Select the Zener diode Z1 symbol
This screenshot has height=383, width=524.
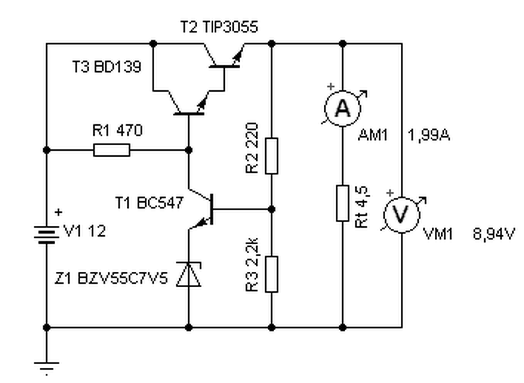tap(189, 274)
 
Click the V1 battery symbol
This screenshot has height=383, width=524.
tap(47, 235)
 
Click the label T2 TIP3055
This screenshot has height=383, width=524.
tap(219, 27)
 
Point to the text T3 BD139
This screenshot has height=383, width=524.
tap(107, 66)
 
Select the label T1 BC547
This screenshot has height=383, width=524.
tap(149, 203)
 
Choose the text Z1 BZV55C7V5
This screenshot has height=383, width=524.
tap(111, 278)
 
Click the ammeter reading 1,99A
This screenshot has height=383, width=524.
tap(429, 135)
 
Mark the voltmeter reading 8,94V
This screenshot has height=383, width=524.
tap(494, 234)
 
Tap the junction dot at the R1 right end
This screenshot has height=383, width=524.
tap(189, 150)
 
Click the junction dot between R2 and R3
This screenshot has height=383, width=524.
tap(271, 209)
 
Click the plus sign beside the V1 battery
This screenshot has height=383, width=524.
tap(58, 212)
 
